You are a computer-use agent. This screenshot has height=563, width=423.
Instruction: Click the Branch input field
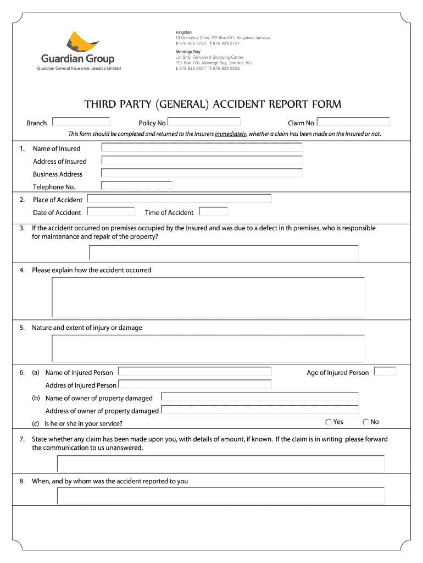coord(81,122)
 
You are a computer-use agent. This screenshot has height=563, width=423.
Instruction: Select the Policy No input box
coord(204,122)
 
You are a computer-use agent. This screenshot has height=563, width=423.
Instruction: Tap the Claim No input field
coord(353,122)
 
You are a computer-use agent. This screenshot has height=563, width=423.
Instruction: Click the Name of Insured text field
coord(202,147)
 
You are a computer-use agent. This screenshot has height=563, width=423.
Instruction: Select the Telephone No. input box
coord(137,186)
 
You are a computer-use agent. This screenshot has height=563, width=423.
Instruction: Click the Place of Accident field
coord(180,198)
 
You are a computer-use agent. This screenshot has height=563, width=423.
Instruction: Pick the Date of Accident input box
coord(111,211)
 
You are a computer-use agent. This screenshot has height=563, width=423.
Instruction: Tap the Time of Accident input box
coord(213,211)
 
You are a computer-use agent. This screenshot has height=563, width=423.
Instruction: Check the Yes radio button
coord(329,422)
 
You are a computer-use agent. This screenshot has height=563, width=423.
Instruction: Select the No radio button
coord(366,422)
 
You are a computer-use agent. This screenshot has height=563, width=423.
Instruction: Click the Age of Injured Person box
coord(385,372)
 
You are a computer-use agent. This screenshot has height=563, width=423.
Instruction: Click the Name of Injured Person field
coord(195,372)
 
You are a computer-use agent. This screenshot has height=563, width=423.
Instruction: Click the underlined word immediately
coord(231,134)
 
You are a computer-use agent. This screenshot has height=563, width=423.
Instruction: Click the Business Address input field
coord(202,173)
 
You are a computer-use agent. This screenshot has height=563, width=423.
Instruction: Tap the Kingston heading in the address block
coord(183,32)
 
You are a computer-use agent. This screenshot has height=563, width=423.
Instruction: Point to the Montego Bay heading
coord(187,52)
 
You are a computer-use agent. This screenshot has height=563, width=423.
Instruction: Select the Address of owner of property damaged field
coord(260,410)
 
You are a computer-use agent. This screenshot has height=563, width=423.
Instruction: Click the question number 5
coord(22,328)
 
